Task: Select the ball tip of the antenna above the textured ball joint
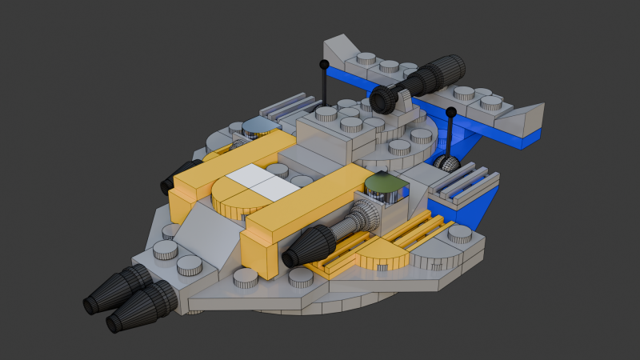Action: point(451,111)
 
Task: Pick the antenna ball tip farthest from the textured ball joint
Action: point(324,64)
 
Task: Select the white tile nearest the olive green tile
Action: point(274,189)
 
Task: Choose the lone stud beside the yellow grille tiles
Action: point(459,234)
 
